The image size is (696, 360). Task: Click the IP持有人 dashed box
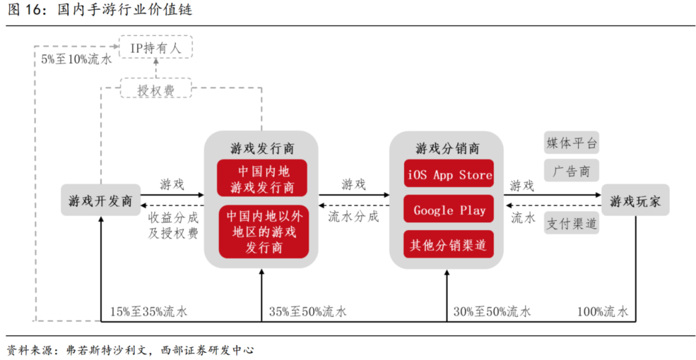[156, 47]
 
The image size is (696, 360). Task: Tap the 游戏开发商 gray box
[101, 201]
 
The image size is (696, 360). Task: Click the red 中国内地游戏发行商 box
[262, 178]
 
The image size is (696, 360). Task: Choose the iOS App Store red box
[449, 175]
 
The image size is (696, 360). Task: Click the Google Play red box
[449, 210]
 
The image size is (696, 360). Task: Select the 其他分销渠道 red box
[449, 245]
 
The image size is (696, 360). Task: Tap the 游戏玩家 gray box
[635, 201]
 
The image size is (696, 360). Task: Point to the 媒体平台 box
[572, 143]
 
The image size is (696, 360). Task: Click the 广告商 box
[572, 171]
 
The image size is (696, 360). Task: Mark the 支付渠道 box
[572, 223]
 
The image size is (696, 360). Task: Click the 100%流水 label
[602, 312]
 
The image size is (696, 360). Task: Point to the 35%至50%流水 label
[307, 312]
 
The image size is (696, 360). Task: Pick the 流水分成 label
[353, 216]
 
